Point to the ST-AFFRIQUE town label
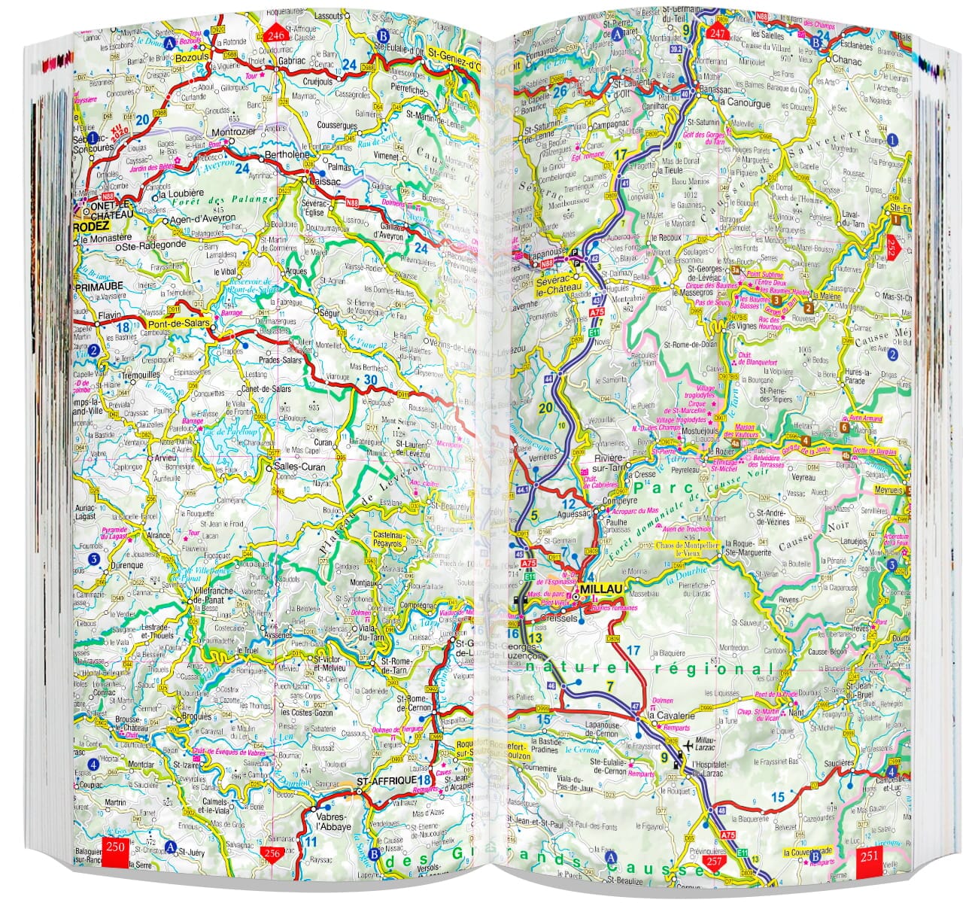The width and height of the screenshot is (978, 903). pos(387,780)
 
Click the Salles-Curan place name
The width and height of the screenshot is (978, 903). pos(299,467)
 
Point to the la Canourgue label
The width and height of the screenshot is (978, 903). pos(745,103)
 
